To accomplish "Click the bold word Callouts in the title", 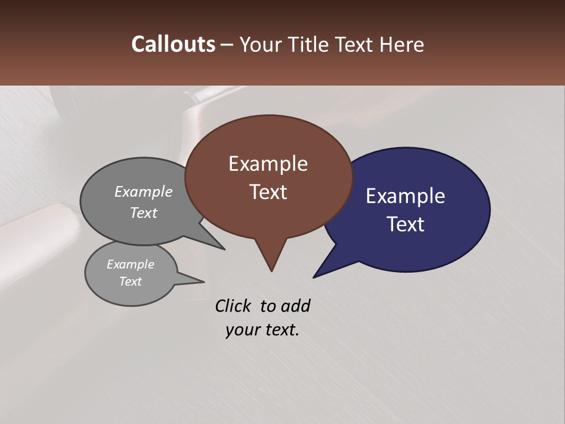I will [x=174, y=44].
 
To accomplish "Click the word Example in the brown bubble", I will [x=268, y=164].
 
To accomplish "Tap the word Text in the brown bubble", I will [x=268, y=192].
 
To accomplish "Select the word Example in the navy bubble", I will [x=406, y=196].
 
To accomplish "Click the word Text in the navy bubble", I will [x=406, y=224].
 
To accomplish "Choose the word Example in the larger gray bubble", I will [x=144, y=191].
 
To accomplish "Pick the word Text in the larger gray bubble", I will [x=144, y=213].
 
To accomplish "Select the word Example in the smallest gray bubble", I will [x=130, y=264].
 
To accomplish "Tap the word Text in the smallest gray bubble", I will [x=130, y=281].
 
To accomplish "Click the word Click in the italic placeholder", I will [x=233, y=306].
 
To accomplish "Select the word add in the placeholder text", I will [x=295, y=306].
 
